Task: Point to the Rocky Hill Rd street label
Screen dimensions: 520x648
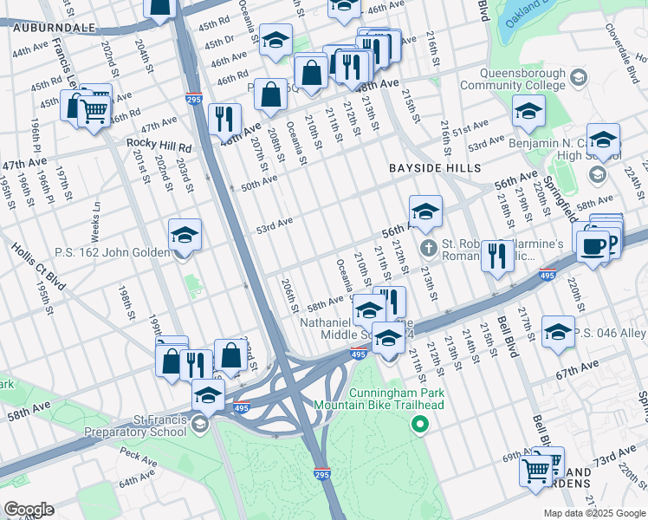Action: pyautogui.click(x=159, y=143)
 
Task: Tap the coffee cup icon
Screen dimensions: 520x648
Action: pyautogui.click(x=593, y=245)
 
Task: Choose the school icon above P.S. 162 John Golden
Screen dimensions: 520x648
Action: pyautogui.click(x=184, y=235)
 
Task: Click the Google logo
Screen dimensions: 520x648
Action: pyautogui.click(x=28, y=510)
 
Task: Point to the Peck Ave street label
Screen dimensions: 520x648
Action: pyautogui.click(x=137, y=453)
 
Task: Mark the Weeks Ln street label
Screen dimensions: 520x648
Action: pyautogui.click(x=96, y=224)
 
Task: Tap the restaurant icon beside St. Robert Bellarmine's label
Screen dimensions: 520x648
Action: pyautogui.click(x=496, y=256)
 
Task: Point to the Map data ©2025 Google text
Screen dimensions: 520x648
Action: pyautogui.click(x=593, y=513)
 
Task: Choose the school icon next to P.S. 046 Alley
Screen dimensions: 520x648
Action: pyautogui.click(x=558, y=332)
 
